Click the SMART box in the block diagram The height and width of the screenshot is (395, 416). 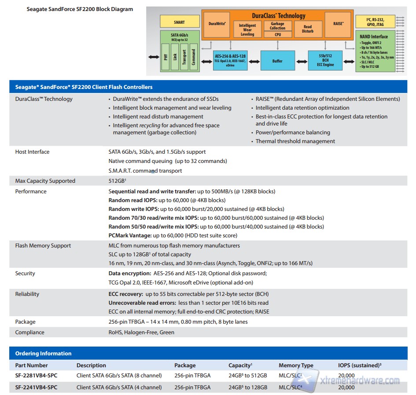(180, 22)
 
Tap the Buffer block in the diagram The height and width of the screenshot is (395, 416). (277, 61)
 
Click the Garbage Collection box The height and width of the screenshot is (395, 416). (277, 26)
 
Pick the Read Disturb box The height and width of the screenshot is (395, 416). (308, 29)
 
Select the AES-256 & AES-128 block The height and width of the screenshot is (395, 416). (230, 61)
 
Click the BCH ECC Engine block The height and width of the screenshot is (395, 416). (326, 61)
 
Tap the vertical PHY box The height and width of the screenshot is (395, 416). (166, 57)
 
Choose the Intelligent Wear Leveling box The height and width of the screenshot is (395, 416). (247, 30)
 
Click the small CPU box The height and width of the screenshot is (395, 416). (277, 34)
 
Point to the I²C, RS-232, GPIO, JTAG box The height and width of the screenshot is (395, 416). (375, 22)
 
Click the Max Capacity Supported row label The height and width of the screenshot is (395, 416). (45, 181)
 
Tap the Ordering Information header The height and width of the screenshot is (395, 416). (43, 353)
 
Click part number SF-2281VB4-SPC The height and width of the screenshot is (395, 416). (36, 376)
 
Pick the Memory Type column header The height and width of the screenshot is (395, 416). (296, 365)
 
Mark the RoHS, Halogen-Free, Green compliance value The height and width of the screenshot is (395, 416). (141, 332)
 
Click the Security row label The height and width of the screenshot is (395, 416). (25, 273)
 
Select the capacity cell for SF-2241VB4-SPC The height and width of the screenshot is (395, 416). (247, 388)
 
